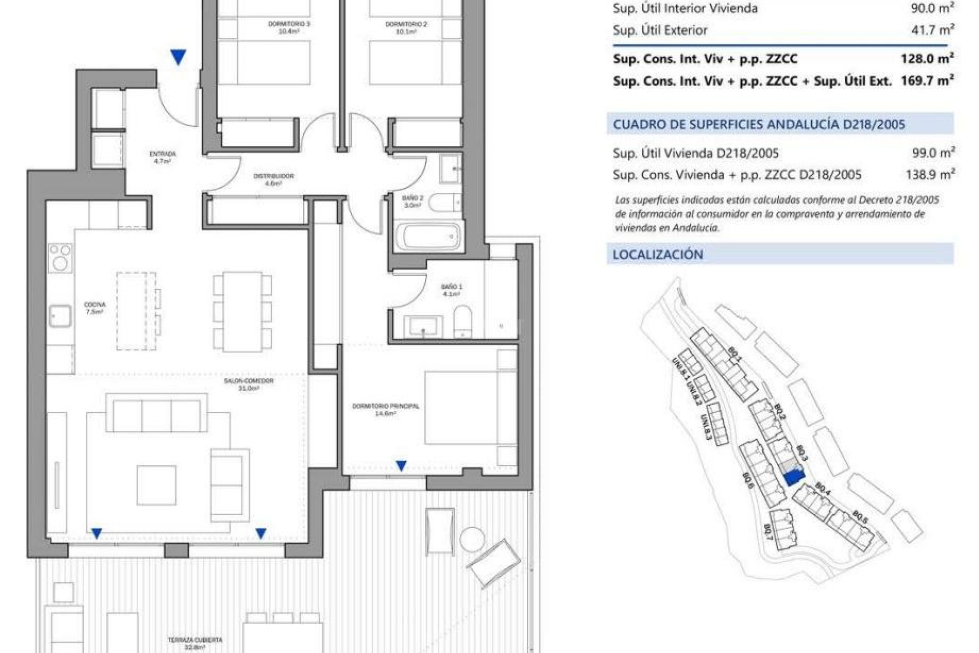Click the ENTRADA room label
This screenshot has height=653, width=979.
[162, 157]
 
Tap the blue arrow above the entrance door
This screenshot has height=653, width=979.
[178, 57]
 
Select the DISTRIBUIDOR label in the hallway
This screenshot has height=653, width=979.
[273, 179]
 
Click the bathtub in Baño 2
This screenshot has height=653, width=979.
[429, 236]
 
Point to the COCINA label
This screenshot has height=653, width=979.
[95, 308]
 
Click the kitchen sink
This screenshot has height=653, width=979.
[60, 316]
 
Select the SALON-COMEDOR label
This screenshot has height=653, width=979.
[249, 384]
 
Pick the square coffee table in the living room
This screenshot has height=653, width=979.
[157, 485]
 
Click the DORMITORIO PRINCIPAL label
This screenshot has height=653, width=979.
[385, 410]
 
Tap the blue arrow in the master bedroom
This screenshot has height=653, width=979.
[401, 465]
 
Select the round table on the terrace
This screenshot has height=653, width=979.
[472, 539]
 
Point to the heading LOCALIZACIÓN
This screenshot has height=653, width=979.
[658, 255]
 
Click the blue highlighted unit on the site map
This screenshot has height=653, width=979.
[793, 478]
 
